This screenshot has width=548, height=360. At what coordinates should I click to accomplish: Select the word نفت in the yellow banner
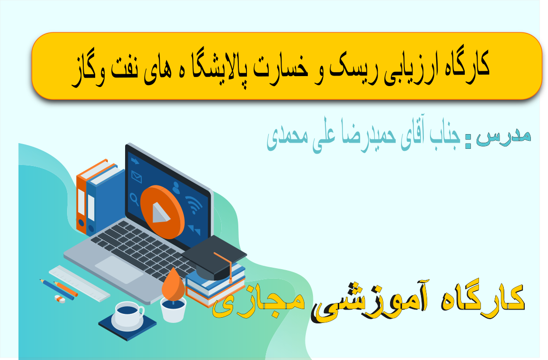(x=125, y=67)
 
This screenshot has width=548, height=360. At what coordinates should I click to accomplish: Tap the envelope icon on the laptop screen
(x=137, y=177)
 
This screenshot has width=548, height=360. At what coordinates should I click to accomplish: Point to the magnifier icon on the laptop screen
(x=134, y=199)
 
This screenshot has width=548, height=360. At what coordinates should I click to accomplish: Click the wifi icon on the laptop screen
(x=193, y=204)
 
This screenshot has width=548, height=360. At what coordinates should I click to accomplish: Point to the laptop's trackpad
(x=119, y=270)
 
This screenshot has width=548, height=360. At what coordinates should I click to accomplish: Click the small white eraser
(x=60, y=299)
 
